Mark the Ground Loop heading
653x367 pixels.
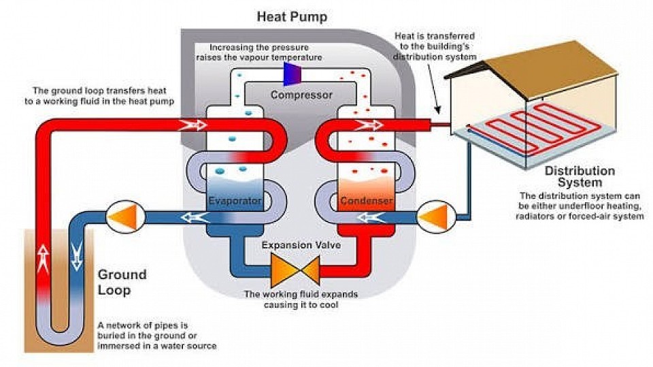[122, 282]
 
